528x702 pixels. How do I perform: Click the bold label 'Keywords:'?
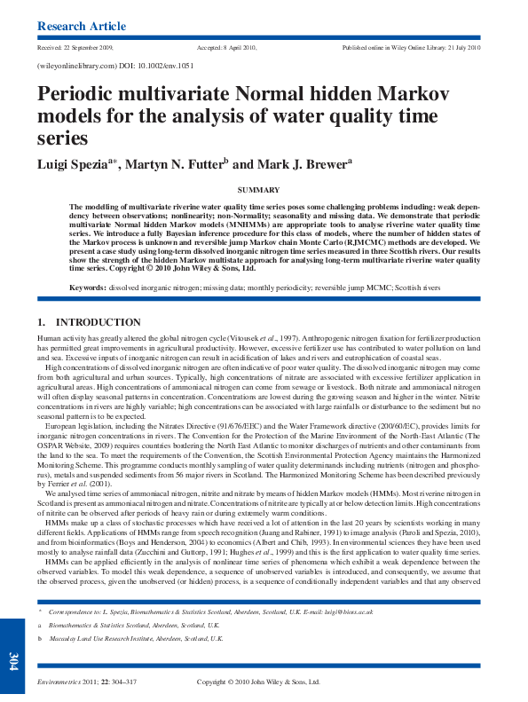click(x=88, y=288)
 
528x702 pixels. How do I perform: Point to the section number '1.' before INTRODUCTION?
click(x=42, y=321)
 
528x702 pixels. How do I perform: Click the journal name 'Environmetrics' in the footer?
click(x=59, y=682)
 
